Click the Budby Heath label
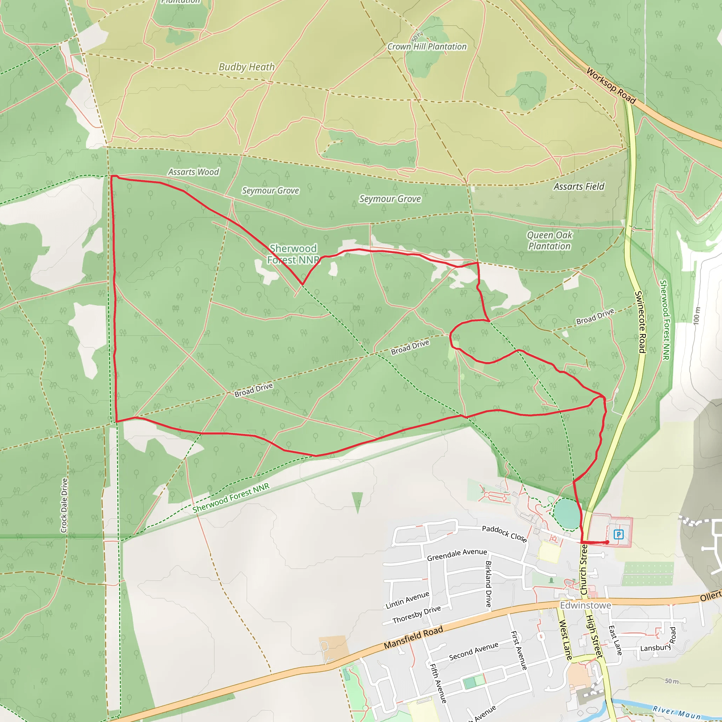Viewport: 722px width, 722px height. click(x=247, y=67)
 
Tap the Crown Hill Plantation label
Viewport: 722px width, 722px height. click(x=427, y=47)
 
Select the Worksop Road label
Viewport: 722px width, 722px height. click(x=611, y=86)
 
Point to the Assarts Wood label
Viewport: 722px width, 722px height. click(x=194, y=172)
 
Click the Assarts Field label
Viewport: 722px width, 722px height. click(x=579, y=186)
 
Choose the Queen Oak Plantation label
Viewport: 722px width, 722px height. click(x=549, y=241)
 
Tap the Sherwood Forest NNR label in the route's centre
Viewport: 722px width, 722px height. click(x=293, y=254)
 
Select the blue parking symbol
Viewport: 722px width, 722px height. click(x=618, y=534)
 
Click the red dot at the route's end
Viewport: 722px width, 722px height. click(x=607, y=542)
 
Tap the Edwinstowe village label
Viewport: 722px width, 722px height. click(x=585, y=605)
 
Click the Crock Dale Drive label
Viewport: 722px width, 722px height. click(x=64, y=505)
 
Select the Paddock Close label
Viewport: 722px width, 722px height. click(x=504, y=534)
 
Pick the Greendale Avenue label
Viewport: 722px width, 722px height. click(x=457, y=555)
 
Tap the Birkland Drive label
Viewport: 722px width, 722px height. click(x=488, y=584)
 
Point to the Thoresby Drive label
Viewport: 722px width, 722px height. click(x=417, y=614)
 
